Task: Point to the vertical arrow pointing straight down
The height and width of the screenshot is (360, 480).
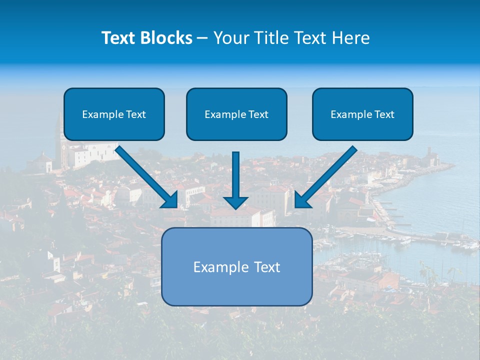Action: pos(236,175)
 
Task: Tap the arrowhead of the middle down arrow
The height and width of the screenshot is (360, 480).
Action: pos(236,202)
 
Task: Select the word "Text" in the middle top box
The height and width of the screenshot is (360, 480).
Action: pos(258,114)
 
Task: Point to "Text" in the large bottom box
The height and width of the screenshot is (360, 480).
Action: pos(266,267)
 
